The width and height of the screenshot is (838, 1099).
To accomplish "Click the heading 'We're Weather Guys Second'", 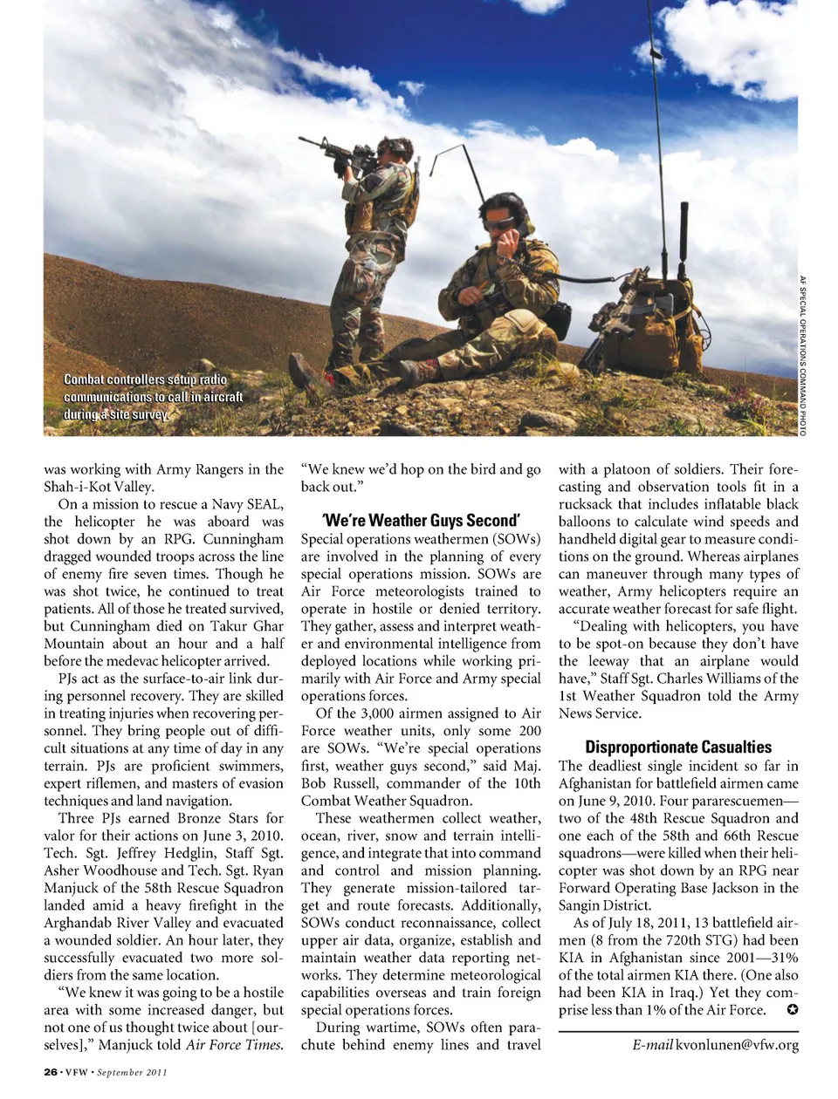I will pyautogui.click(x=421, y=521).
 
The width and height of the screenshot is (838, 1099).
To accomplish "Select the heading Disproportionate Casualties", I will pyautogui.click(x=678, y=747).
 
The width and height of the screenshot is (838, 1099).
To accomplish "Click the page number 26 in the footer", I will pyautogui.click(x=51, y=1072).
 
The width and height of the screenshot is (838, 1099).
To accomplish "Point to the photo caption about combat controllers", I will pyautogui.click(x=153, y=397).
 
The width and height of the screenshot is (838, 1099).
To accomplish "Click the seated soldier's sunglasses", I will pyautogui.click(x=499, y=223).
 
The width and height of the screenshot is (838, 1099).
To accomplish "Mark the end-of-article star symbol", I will pyautogui.click(x=792, y=1010).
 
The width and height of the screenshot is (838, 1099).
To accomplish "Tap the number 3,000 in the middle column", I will pyautogui.click(x=366, y=713).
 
